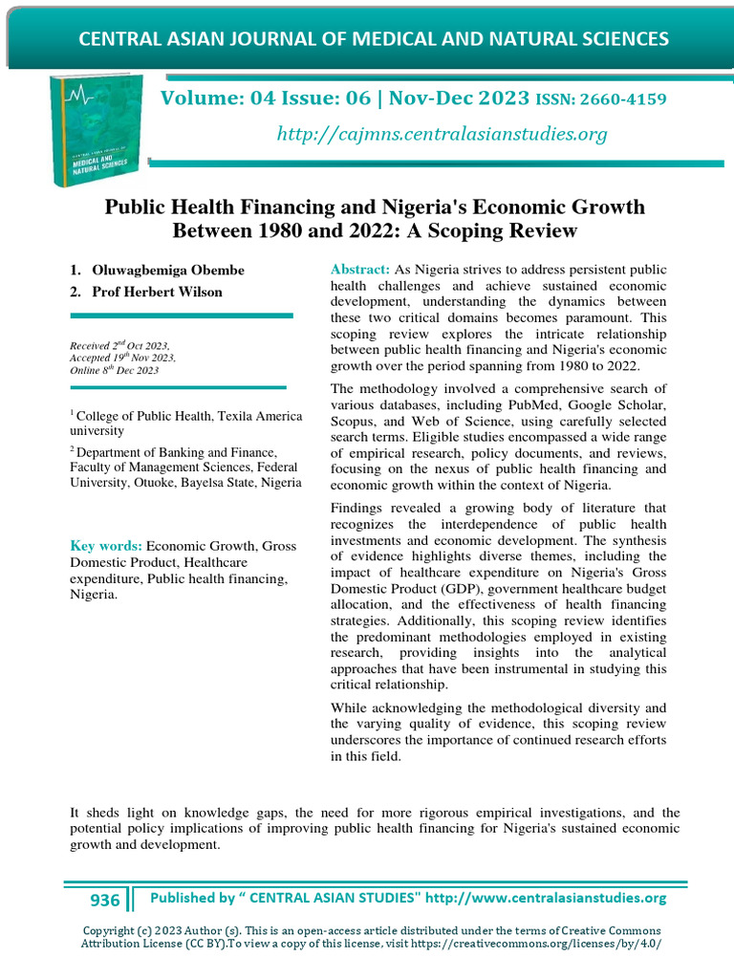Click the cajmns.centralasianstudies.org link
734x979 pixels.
coord(442,134)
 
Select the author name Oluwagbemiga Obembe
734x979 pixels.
coord(169,271)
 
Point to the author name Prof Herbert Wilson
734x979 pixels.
coord(158,292)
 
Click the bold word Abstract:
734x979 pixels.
coord(360,271)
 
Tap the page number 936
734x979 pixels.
coord(105,900)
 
